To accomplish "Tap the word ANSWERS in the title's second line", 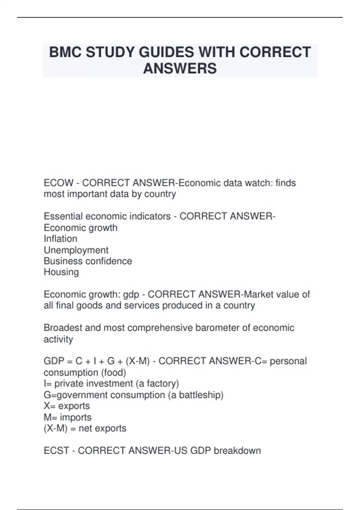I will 180,68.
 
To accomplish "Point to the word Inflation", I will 60,239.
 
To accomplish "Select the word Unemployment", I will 76,250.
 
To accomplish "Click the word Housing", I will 61,272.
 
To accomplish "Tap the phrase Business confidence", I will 88,261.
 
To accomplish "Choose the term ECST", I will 56,451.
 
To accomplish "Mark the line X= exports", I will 67,406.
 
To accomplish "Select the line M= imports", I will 67,417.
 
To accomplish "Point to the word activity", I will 58,339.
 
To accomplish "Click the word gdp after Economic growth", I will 131,295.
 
